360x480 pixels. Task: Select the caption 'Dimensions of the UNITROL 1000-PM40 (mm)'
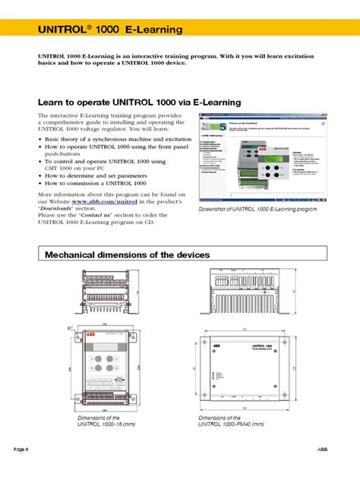point(231,421)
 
